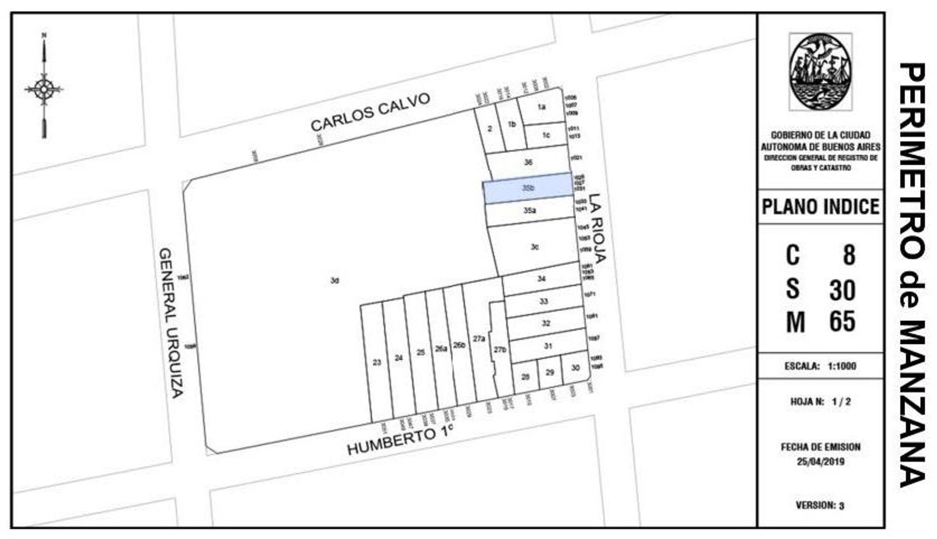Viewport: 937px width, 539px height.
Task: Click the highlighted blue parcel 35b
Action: click(528, 188)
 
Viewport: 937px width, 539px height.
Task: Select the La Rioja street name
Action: click(597, 228)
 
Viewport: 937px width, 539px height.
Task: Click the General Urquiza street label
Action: click(171, 323)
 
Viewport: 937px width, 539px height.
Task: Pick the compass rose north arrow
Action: click(44, 88)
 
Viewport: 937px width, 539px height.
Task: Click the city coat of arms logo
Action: click(820, 72)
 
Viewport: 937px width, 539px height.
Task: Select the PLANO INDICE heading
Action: click(820, 207)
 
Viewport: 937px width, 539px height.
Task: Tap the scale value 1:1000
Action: click(842, 366)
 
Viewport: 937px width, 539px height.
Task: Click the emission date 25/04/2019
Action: click(820, 462)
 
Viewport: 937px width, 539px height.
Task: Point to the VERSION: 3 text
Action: click(820, 505)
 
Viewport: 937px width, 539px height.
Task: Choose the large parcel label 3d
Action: click(335, 280)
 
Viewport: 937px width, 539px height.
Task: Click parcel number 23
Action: click(377, 362)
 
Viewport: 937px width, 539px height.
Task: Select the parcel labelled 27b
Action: click(500, 350)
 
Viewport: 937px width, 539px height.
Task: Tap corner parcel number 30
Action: click(575, 368)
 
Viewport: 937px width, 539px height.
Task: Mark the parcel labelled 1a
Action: click(541, 106)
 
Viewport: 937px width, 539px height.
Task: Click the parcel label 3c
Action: click(535, 247)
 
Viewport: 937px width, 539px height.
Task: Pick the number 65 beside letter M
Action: click(842, 321)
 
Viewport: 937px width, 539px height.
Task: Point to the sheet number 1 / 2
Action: click(841, 402)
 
